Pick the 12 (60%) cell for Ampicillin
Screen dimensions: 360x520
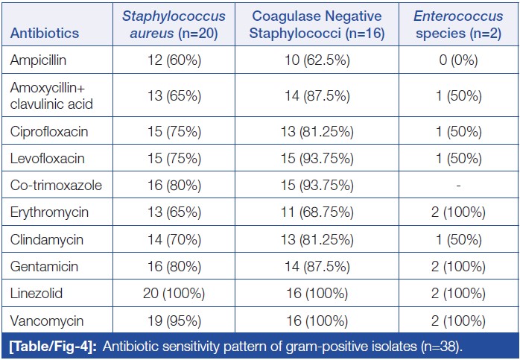[x=173, y=60]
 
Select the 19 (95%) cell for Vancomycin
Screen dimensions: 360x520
[x=173, y=320]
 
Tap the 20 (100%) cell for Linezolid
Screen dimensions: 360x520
[x=173, y=293]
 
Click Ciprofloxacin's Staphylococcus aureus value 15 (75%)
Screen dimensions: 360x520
[x=173, y=131]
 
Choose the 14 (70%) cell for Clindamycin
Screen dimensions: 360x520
[x=173, y=239]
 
